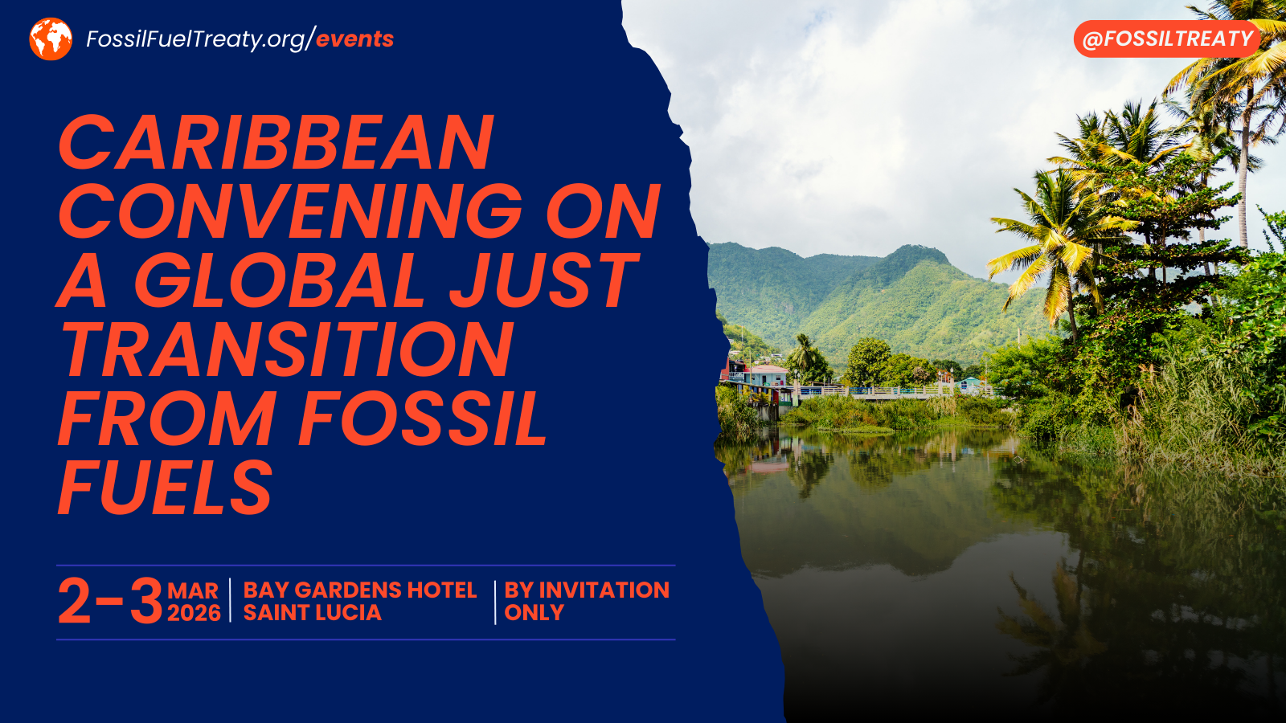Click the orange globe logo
tap(51, 39)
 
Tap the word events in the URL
tap(354, 39)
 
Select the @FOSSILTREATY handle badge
tap(1167, 39)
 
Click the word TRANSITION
tap(287, 350)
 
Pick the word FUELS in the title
tap(166, 488)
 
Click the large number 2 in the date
tap(75, 602)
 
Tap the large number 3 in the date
tap(146, 602)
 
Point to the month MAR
tap(193, 591)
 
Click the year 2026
tap(194, 613)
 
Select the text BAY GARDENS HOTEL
tap(360, 590)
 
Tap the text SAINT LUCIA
tap(312, 613)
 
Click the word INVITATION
tap(604, 590)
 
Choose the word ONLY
tap(534, 613)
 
